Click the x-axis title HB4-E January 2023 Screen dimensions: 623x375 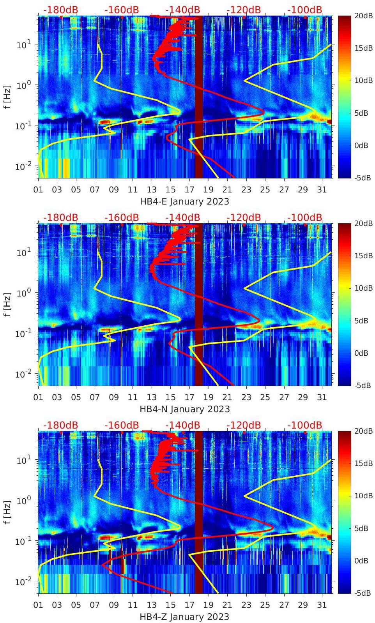tap(184, 202)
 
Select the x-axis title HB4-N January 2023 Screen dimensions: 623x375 tap(184, 409)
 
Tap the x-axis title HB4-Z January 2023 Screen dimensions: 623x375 tap(184, 617)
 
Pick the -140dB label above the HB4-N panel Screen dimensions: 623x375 tap(182, 218)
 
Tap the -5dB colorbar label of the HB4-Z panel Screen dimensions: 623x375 tap(361, 593)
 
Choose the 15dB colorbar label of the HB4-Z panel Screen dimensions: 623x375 tap(362, 463)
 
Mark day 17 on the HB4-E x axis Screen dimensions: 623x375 tap(189, 190)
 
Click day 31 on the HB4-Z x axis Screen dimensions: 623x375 tap(322, 605)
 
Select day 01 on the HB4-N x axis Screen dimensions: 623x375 tap(38, 397)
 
